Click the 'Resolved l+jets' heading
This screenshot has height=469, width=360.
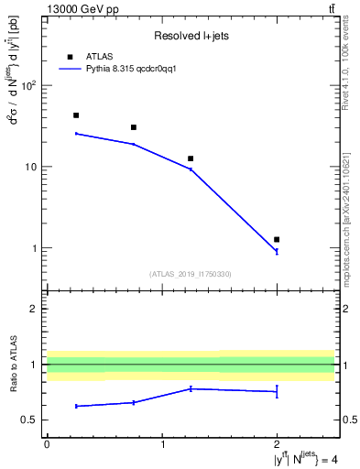click(191, 36)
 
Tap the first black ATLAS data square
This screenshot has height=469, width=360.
click(76, 115)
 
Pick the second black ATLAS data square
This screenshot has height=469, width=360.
click(134, 127)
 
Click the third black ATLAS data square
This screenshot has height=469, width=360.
click(191, 158)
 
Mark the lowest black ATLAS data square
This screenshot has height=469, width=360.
click(277, 239)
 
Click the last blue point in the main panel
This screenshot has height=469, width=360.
click(277, 251)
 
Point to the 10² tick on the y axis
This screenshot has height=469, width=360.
click(28, 86)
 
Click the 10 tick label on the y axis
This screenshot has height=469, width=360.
click(30, 167)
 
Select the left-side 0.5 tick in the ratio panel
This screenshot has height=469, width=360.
click(31, 420)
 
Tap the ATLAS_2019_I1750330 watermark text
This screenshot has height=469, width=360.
click(191, 274)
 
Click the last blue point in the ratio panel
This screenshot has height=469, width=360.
click(277, 391)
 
